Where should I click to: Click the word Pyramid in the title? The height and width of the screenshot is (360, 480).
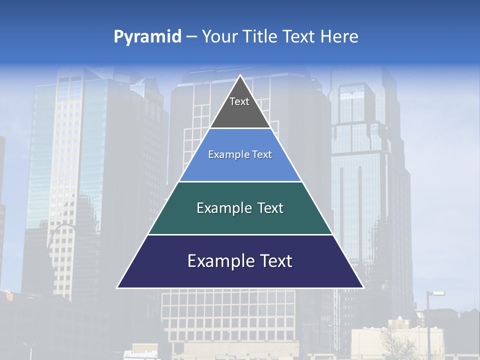pyautogui.click(x=147, y=37)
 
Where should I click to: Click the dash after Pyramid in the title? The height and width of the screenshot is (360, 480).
pyautogui.click(x=191, y=37)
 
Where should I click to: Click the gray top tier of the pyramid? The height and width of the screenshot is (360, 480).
pyautogui.click(x=240, y=115)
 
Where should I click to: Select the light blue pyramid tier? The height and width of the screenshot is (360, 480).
pyautogui.click(x=240, y=167)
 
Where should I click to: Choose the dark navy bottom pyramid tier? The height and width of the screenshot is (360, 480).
pyautogui.click(x=240, y=275)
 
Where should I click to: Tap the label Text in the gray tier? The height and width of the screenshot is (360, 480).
pyautogui.click(x=239, y=101)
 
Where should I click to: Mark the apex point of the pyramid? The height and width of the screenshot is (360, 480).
pyautogui.click(x=240, y=76)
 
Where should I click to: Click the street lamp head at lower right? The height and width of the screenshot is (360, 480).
pyautogui.click(x=437, y=293)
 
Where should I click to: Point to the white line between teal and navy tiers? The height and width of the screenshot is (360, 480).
pyautogui.click(x=240, y=234)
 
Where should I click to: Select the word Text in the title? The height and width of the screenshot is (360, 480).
pyautogui.click(x=300, y=37)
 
